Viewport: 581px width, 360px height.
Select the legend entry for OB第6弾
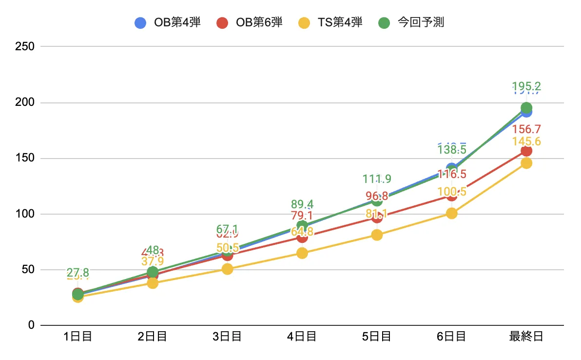click(249, 22)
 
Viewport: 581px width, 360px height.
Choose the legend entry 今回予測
click(411, 22)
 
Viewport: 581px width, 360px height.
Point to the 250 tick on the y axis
click(24, 47)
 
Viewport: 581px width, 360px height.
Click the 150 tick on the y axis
click(24, 159)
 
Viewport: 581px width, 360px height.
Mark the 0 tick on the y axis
click(30, 325)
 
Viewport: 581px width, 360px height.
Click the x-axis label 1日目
click(77, 337)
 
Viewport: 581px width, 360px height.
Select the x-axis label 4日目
click(302, 337)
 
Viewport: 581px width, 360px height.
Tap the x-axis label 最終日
click(526, 337)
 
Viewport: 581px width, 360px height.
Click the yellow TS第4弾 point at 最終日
click(526, 163)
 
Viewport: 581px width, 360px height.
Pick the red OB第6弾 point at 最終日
click(526, 151)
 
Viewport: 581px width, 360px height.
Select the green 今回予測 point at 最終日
click(526, 108)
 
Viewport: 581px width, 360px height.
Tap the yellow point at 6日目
click(452, 213)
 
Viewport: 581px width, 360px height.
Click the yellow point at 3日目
click(227, 269)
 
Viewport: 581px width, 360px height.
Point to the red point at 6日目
click(452, 196)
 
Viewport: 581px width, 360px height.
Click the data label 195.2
click(526, 87)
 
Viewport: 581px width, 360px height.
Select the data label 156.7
click(526, 130)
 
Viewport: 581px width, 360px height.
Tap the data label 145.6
click(526, 141)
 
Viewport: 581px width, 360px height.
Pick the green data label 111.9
click(377, 179)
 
